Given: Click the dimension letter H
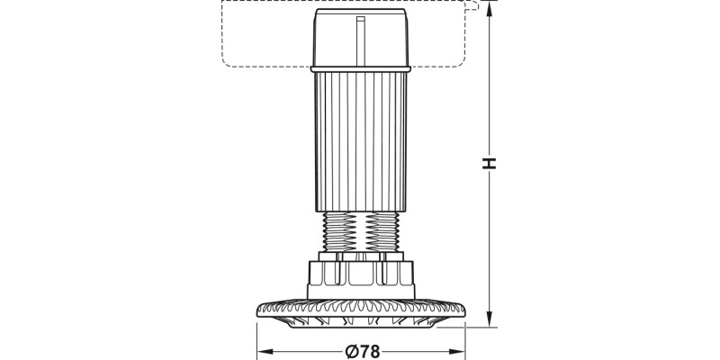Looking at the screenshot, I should (489, 163).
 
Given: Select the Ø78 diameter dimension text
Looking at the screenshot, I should (361, 351).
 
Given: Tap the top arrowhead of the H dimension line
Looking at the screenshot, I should (489, 7).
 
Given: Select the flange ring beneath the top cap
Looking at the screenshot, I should (360, 68).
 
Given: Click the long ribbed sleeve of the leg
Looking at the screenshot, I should (360, 139).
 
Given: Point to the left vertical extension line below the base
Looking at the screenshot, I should (257, 337).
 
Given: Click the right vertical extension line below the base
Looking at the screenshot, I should (464, 337).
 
